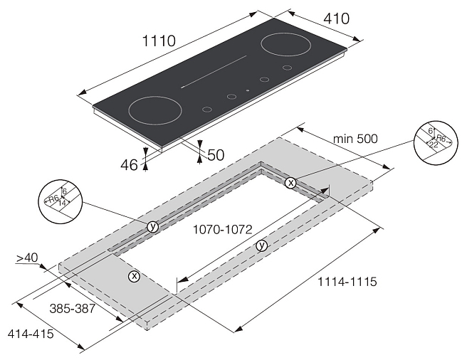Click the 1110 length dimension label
pos(159,41)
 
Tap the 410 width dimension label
pos(337,18)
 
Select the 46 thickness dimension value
pos(129,165)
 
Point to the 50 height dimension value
pos(216,155)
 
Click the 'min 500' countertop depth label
pos(355,138)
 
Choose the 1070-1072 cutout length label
pos(222,229)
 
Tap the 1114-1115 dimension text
pos(347,282)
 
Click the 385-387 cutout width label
pos(72,309)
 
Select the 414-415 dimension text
pos(31,334)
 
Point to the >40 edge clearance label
pos(27,258)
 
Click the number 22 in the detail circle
pos(434,144)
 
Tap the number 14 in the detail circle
pos(62,203)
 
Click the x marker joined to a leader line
pos(291,183)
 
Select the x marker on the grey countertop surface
pos(134,276)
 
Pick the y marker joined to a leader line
pos(152,227)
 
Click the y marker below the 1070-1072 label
pos(262,245)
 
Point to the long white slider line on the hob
pos(214,72)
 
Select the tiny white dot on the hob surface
pos(248,90)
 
